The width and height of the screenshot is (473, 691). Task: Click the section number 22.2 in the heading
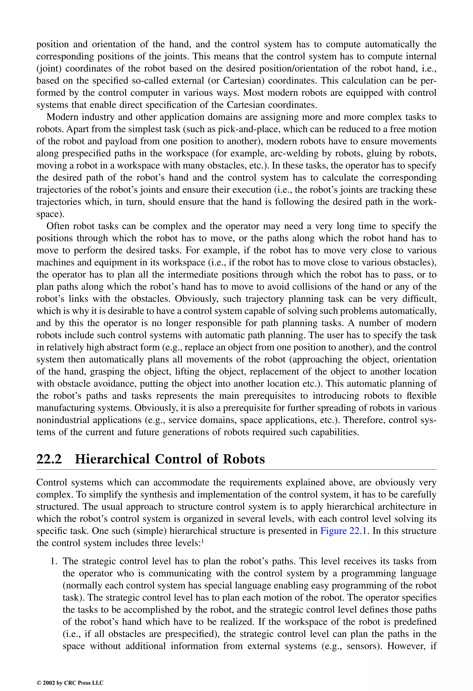click(49, 459)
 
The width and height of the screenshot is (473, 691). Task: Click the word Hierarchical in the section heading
click(112, 459)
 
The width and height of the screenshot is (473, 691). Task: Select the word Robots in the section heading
click(244, 459)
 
